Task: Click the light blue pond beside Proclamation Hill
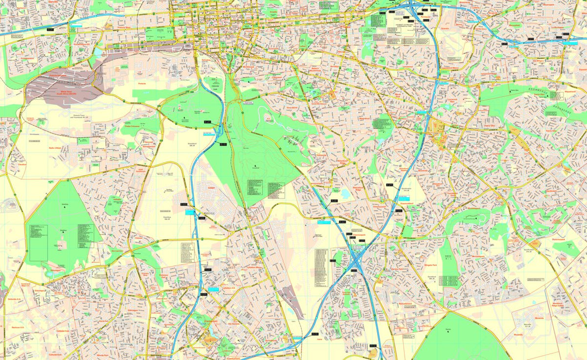tap(98, 51)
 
